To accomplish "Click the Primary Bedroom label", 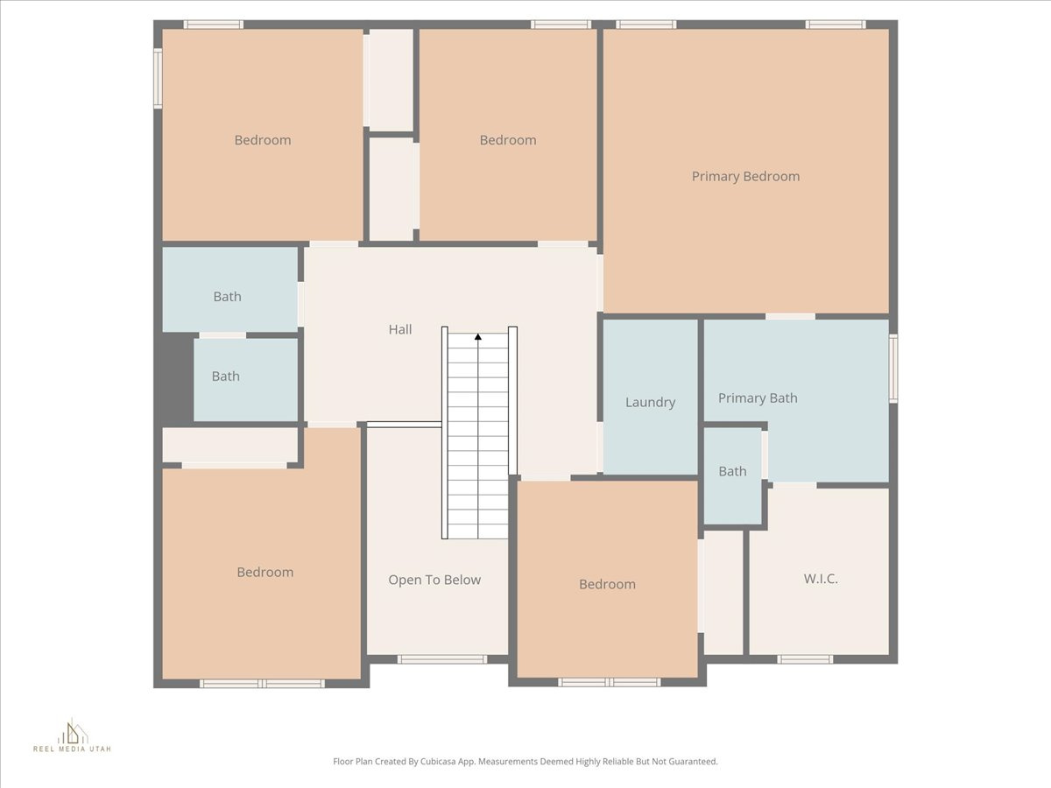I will click(x=745, y=176).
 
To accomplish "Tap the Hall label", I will click(x=400, y=329).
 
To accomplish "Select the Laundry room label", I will click(x=650, y=402).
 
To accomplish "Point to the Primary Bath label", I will click(x=758, y=398).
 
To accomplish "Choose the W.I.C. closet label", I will click(x=821, y=578).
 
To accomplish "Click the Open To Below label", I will click(x=434, y=580).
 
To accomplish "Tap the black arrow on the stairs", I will click(x=478, y=336).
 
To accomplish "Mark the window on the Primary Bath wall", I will click(x=893, y=369).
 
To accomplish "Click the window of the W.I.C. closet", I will click(x=805, y=658).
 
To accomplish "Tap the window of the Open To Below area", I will click(x=441, y=658).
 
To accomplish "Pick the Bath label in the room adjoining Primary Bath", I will click(x=732, y=471).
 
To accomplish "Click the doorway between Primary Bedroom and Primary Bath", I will click(x=790, y=316).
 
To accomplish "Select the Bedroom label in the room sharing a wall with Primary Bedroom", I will click(x=508, y=140).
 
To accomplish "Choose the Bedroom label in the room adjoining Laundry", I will click(x=607, y=584).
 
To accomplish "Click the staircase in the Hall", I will click(x=478, y=438).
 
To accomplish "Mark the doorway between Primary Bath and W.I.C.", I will click(x=794, y=484).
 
